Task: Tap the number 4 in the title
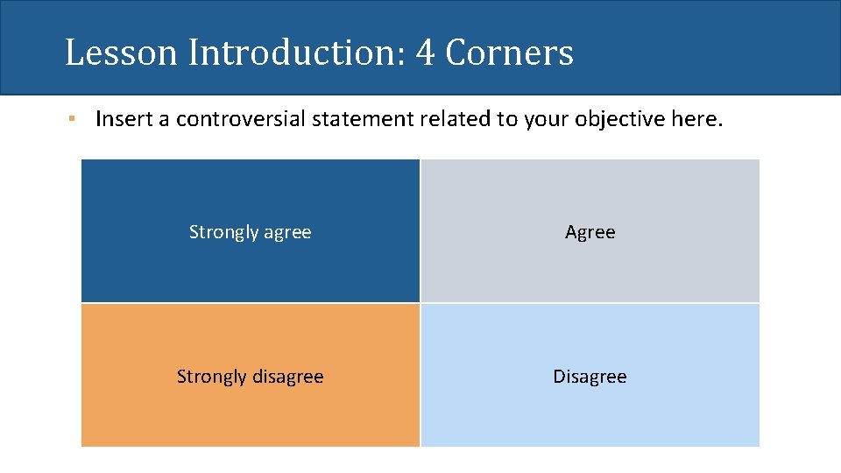425,53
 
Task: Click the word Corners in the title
509,53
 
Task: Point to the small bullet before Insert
76,118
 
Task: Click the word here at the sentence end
697,118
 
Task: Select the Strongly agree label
251,232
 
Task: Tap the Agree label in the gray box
590,232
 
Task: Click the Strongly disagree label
251,377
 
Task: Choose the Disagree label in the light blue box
590,377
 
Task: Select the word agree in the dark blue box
287,232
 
